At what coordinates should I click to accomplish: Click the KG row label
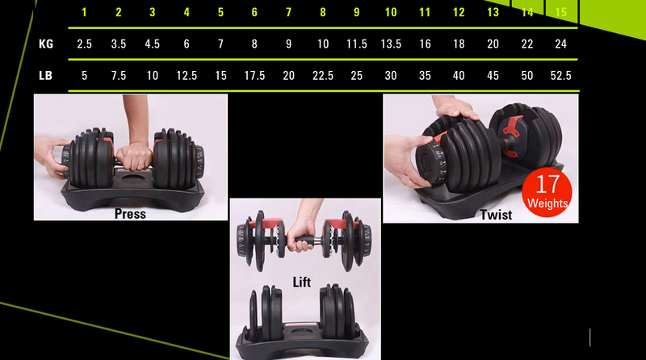click(46, 44)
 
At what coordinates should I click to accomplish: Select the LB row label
click(46, 76)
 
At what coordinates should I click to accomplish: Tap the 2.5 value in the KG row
click(84, 44)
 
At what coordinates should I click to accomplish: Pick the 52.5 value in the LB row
click(560, 76)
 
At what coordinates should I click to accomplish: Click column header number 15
click(560, 12)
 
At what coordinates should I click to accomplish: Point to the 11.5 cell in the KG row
click(356, 44)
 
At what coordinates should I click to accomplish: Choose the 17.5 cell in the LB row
click(254, 76)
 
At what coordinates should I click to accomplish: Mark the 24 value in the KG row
click(560, 44)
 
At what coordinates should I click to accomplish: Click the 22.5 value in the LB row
click(322, 76)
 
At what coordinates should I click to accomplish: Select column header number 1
click(84, 12)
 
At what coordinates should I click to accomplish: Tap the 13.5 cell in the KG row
click(391, 44)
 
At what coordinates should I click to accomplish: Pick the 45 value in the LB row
click(493, 76)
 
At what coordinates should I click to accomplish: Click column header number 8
click(322, 12)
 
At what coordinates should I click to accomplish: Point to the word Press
click(130, 214)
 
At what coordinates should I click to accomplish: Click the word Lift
click(302, 283)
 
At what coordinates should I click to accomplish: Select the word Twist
click(496, 216)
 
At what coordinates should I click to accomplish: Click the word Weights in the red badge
click(547, 203)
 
